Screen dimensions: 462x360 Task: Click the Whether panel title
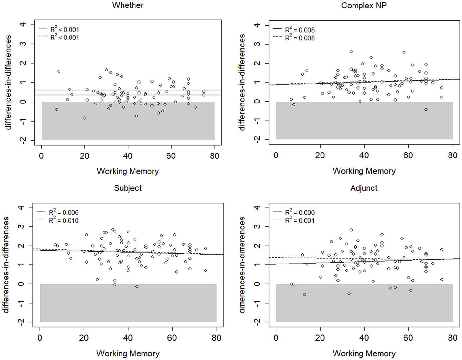(128, 5)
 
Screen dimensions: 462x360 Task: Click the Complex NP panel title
(364, 6)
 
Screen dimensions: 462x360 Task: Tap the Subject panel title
(128, 188)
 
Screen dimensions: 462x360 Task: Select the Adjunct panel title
(364, 188)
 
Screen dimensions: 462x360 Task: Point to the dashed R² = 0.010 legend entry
(58, 220)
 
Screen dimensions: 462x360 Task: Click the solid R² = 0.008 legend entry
(294, 30)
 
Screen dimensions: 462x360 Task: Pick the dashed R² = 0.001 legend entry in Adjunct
(294, 220)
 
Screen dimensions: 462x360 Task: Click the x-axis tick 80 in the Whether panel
(215, 156)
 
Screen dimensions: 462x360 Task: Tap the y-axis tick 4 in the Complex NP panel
(257, 25)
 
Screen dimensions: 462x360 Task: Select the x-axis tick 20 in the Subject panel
(84, 338)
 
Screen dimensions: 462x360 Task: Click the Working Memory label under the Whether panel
(128, 171)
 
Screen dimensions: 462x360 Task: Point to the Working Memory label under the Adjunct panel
(364, 354)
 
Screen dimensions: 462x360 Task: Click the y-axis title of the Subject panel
(6, 265)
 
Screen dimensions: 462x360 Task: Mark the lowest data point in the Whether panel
(85, 118)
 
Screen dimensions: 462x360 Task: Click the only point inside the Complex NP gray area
(426, 110)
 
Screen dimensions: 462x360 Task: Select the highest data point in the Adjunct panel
(351, 230)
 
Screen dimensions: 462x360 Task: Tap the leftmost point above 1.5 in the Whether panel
(59, 72)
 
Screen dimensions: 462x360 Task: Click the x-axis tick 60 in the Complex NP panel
(408, 156)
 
